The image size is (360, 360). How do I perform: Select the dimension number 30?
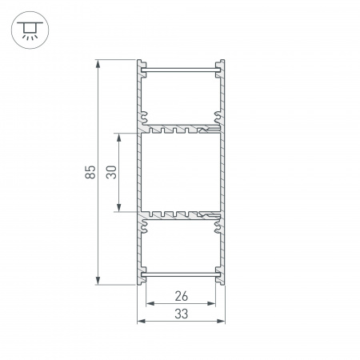coord(112,171)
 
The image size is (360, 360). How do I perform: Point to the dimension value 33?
coord(181,314)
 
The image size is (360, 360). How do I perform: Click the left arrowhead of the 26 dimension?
coord(150,305)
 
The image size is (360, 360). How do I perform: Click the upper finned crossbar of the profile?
coord(181,128)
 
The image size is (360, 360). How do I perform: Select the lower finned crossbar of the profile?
coord(181,215)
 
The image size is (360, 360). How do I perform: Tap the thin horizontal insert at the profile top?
coord(181,71)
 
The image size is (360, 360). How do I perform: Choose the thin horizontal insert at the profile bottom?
coord(181,275)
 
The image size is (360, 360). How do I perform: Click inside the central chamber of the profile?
coord(181,171)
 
